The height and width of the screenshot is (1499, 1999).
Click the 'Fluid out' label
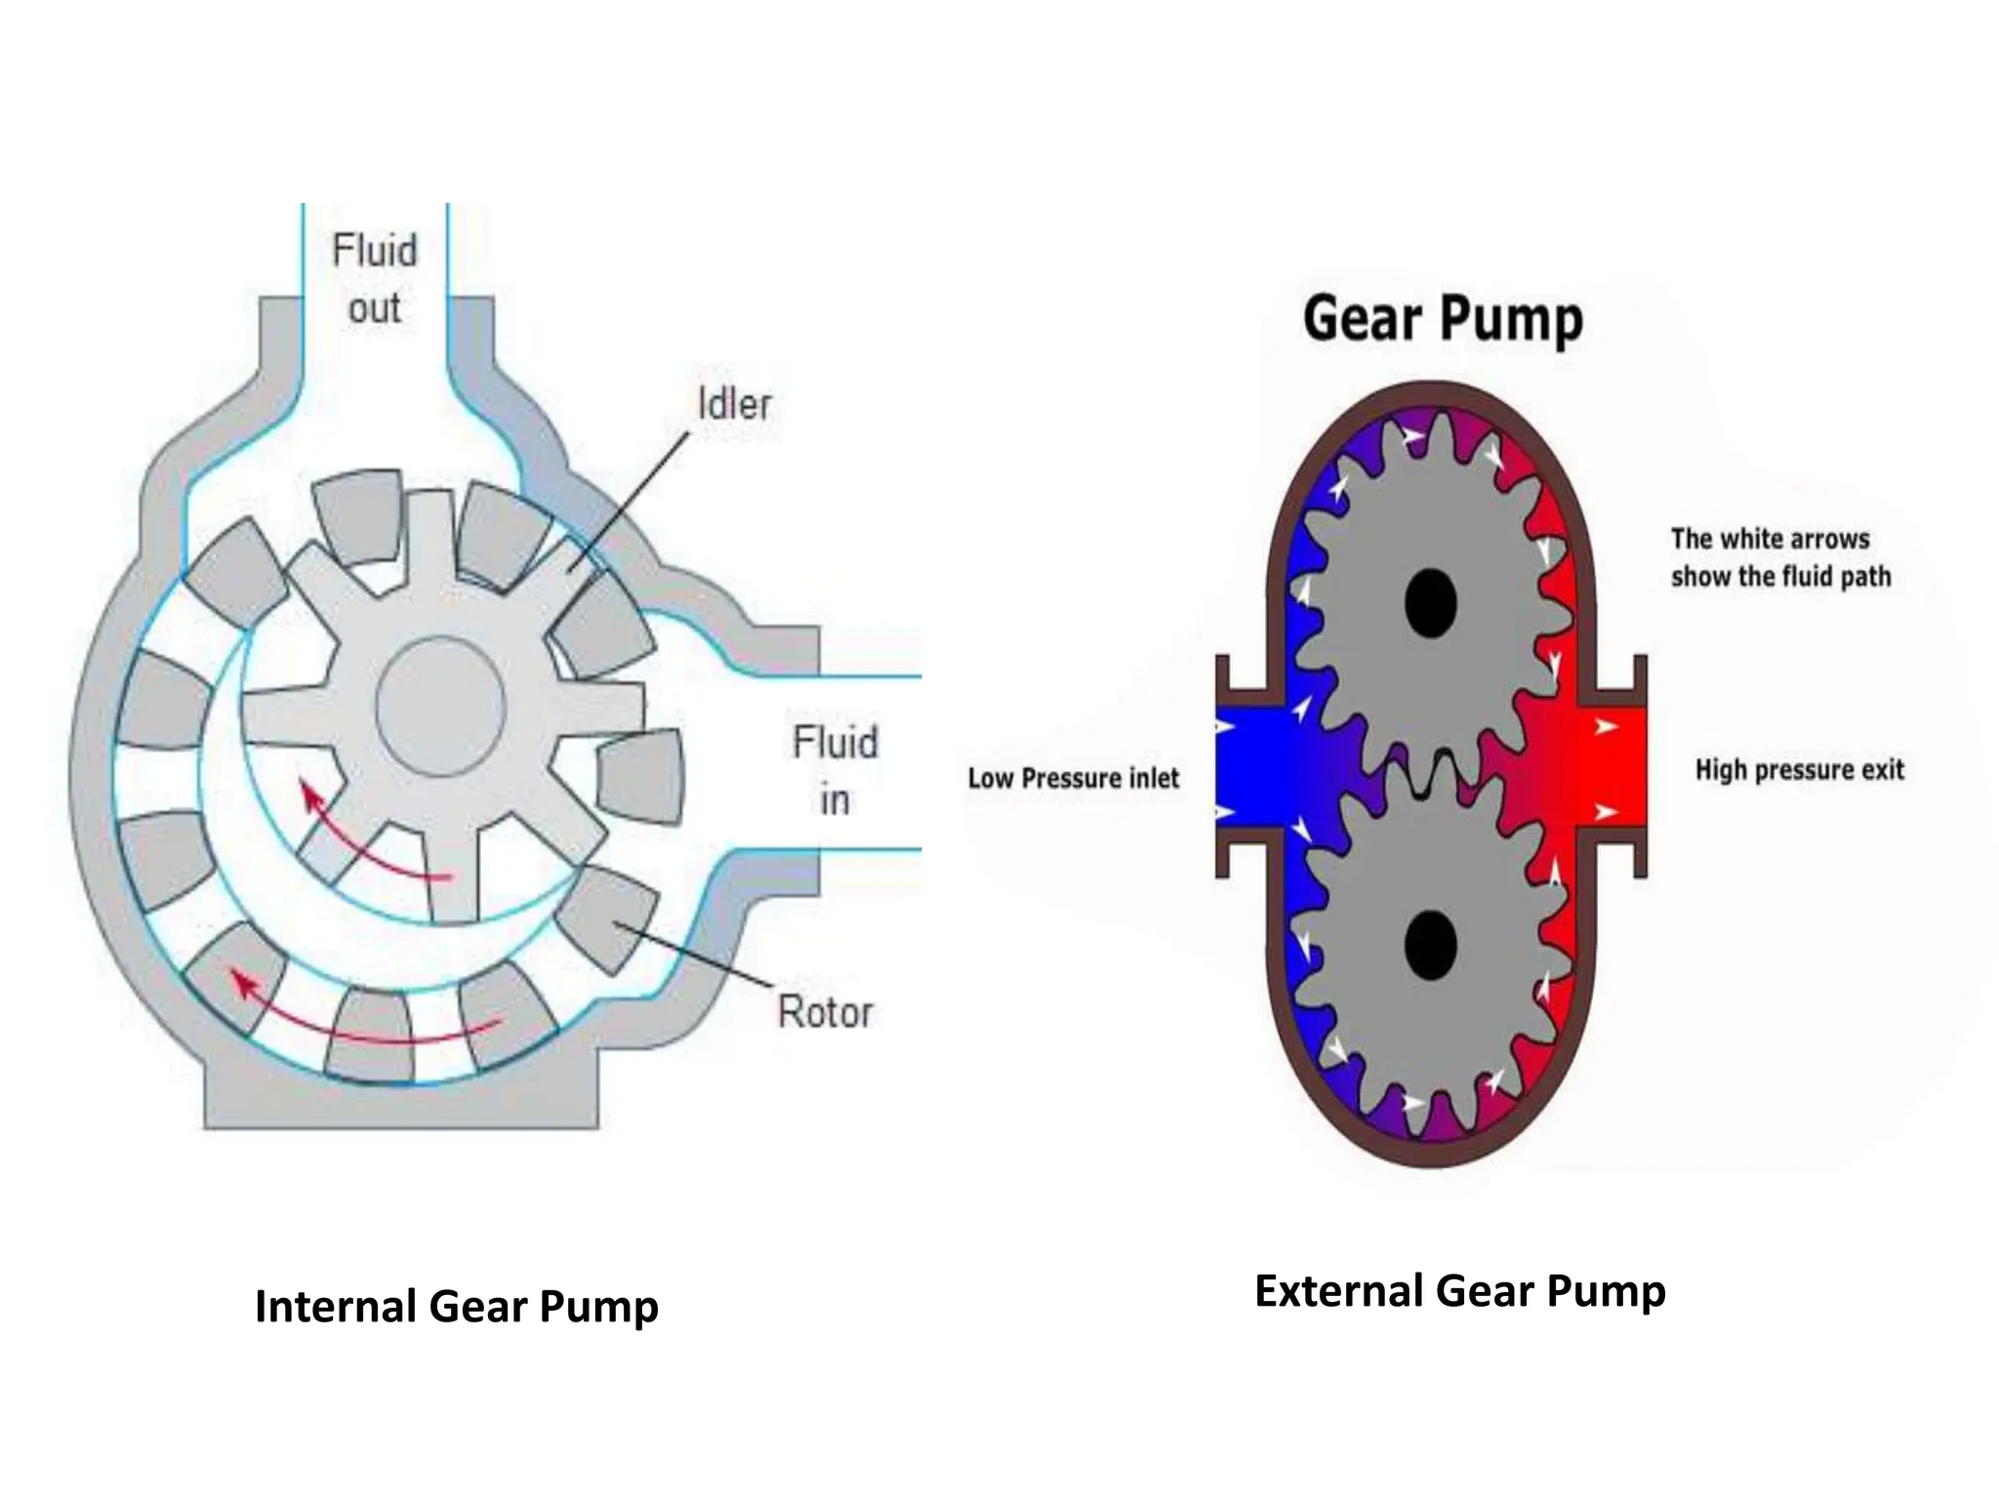pyautogui.click(x=375, y=278)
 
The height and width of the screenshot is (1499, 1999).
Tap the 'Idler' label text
pyautogui.click(x=734, y=404)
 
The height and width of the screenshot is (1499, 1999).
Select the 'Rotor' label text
pyautogui.click(x=825, y=1012)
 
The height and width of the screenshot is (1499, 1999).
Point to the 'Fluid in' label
pyautogui.click(x=835, y=770)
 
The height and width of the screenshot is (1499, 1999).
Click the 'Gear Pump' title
pyautogui.click(x=1443, y=319)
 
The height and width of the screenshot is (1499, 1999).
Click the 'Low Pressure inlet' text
pyautogui.click(x=1073, y=778)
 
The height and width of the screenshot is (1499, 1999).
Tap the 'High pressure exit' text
pyautogui.click(x=1799, y=770)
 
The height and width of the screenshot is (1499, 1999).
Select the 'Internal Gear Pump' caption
pyautogui.click(x=456, y=1306)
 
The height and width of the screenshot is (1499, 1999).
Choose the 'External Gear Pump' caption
pyautogui.click(x=1459, y=1290)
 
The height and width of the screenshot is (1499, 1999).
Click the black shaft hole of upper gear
pyautogui.click(x=1431, y=602)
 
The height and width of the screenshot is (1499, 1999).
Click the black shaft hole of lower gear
pyautogui.click(x=1431, y=944)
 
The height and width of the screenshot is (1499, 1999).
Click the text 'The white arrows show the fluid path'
pyautogui.click(x=1779, y=557)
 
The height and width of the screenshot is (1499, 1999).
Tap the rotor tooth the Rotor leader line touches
pyautogui.click(x=607, y=917)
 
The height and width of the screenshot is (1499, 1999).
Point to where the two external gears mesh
pyautogui.click(x=1432, y=771)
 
